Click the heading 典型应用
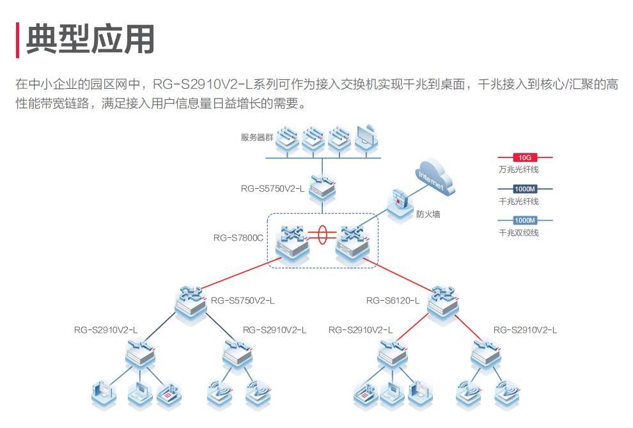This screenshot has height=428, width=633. [90, 40]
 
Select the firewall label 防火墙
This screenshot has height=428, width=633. [428, 214]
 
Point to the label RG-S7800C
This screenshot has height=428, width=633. [238, 238]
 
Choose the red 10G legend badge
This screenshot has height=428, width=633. [525, 157]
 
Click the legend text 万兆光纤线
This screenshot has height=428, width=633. [519, 170]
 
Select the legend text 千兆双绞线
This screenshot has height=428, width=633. [519, 233]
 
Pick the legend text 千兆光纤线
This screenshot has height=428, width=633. [519, 202]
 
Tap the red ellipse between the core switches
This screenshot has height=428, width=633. [323, 234]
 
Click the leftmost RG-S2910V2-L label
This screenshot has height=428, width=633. [105, 330]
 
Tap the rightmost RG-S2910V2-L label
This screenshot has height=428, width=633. [525, 330]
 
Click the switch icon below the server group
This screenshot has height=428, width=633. [323, 188]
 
